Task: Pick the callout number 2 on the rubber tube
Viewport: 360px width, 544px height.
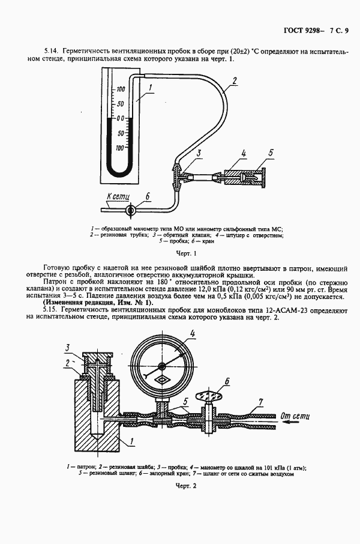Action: click(x=235, y=80)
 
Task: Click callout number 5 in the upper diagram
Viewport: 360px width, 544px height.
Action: click(x=271, y=153)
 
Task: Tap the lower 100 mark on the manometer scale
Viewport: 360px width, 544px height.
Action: click(x=120, y=147)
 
